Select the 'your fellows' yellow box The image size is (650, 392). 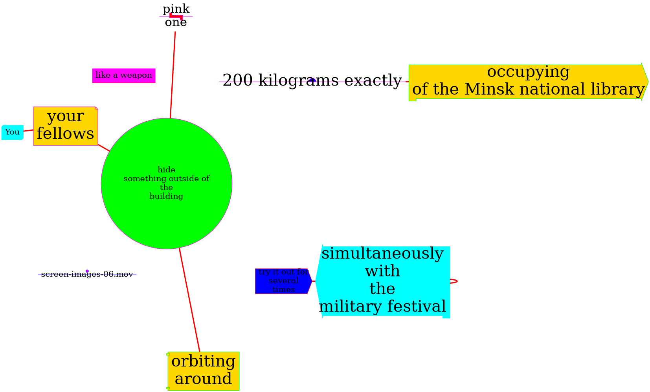click(x=65, y=126)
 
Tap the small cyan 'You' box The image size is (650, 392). click(x=12, y=132)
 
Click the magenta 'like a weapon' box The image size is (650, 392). click(x=124, y=75)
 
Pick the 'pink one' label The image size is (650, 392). click(x=176, y=16)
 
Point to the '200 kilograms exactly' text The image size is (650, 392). click(x=312, y=80)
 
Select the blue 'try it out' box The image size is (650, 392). click(x=283, y=281)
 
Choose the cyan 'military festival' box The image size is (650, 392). click(x=382, y=281)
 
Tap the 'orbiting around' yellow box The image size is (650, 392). click(x=203, y=371)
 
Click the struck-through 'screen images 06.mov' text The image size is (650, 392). click(x=87, y=274)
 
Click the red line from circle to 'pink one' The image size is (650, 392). click(x=173, y=75)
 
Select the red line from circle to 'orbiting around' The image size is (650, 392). click(x=189, y=300)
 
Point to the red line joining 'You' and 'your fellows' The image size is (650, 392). click(x=28, y=130)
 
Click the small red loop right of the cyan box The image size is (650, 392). click(x=454, y=281)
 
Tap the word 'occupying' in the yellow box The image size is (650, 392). click(x=528, y=72)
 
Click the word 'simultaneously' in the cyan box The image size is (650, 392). click(x=382, y=254)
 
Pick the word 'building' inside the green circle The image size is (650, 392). click(x=166, y=196)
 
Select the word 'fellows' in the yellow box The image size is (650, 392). click(x=65, y=134)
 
